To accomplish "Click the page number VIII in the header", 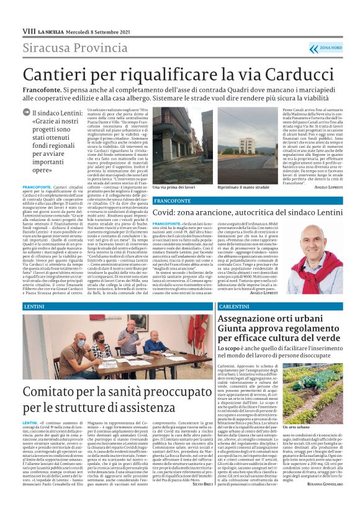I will tap(29, 30).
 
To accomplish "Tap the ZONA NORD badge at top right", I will tap(326, 47).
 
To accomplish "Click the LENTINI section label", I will tap(35, 307).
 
